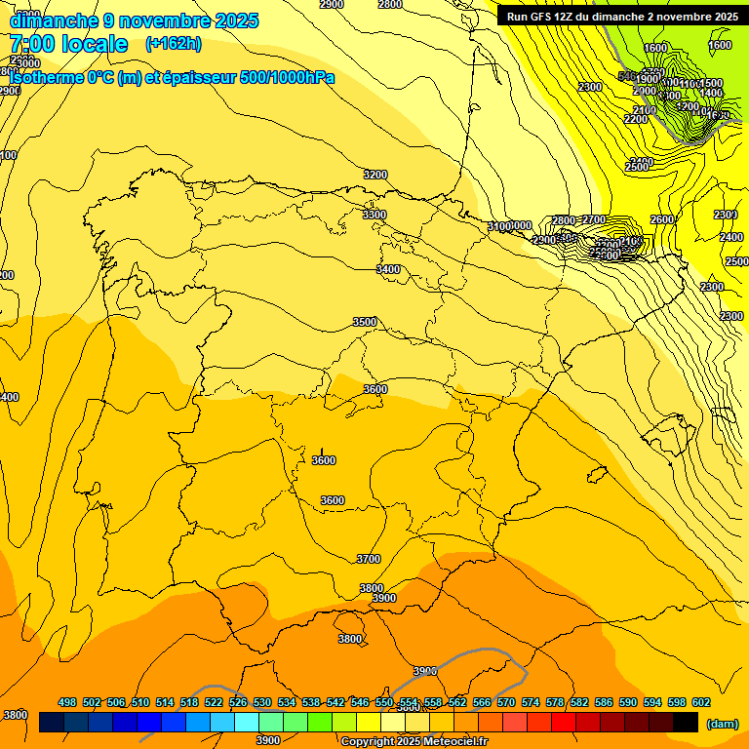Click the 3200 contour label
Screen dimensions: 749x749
tap(375, 175)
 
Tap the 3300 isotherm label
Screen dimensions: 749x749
tap(374, 215)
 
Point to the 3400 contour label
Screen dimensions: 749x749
tap(389, 269)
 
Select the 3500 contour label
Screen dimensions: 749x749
tap(365, 322)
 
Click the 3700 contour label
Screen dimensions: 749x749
tap(369, 559)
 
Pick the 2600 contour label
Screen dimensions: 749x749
tap(662, 220)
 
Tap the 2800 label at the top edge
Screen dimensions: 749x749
tap(390, 5)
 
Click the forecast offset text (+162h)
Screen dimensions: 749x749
tap(173, 44)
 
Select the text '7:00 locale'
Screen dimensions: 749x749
tap(68, 44)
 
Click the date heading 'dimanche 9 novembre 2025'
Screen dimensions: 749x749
tap(134, 20)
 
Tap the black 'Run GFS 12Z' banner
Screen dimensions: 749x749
tap(622, 17)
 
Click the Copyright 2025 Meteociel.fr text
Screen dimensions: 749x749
tap(414, 742)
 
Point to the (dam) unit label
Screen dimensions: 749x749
tap(722, 723)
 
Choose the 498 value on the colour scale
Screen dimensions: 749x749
tap(67, 702)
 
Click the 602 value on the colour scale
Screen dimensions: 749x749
tap(700, 702)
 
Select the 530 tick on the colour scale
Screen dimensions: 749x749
tap(262, 702)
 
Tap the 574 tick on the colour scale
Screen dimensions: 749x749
tap(531, 702)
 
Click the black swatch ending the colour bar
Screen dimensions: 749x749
tap(686, 723)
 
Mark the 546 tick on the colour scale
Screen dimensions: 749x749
tap(360, 702)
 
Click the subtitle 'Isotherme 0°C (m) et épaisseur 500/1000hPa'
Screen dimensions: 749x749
tap(172, 78)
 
